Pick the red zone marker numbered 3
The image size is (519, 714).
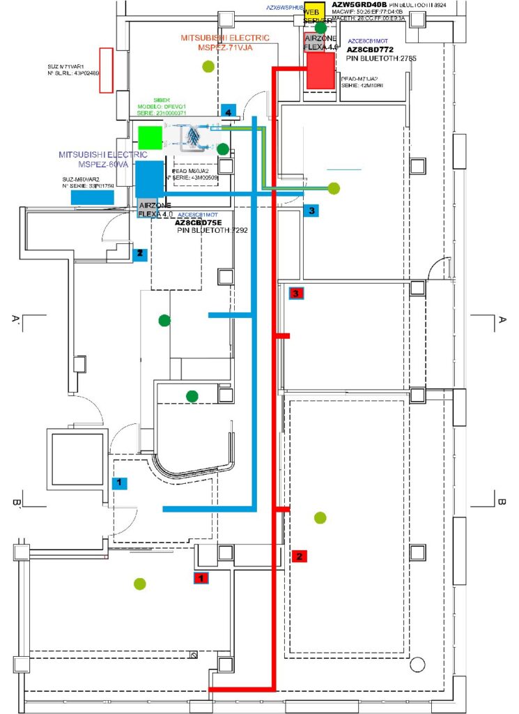point(296,294)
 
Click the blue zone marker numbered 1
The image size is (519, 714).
point(119,482)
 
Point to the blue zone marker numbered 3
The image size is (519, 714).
point(311,209)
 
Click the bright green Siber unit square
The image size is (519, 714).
point(150,137)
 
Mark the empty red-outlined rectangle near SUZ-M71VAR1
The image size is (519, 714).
point(106,70)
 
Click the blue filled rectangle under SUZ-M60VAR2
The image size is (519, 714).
point(93,197)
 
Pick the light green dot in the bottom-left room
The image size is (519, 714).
point(140,584)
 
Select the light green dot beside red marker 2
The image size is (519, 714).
point(320,517)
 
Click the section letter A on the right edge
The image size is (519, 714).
point(501,320)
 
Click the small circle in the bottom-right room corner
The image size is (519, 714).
point(417,662)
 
